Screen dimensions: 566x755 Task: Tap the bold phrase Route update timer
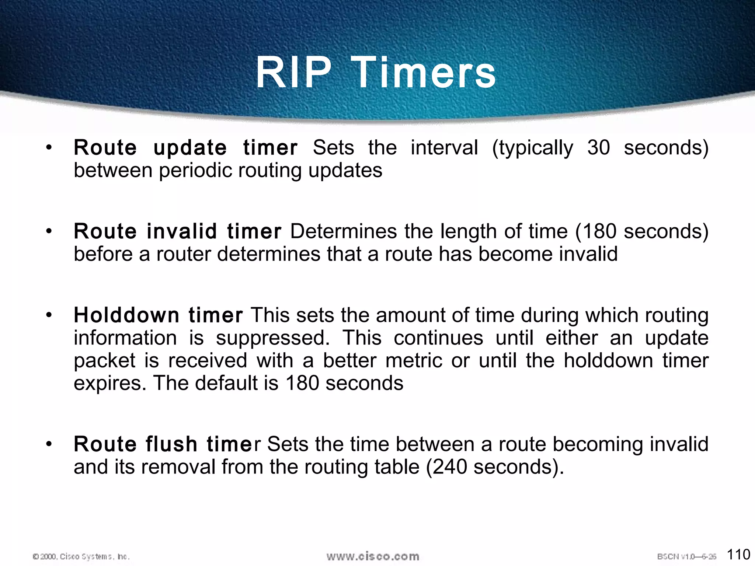(185, 148)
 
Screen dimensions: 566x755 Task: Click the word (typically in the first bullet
(533, 148)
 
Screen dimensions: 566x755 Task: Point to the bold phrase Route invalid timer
(177, 231)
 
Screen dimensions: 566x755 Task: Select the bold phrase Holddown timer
(158, 315)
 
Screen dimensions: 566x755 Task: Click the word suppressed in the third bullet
(272, 338)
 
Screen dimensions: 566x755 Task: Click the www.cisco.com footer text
(373, 556)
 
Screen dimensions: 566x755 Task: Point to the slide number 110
(738, 554)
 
